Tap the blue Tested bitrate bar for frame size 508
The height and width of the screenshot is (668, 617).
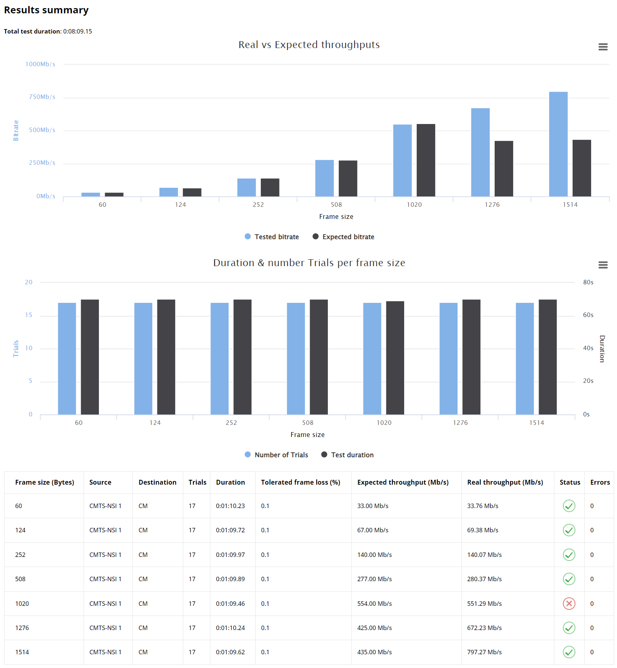pyautogui.click(x=324, y=178)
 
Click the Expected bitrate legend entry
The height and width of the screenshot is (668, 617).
pyautogui.click(x=344, y=237)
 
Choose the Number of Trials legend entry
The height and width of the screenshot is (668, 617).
pyautogui.click(x=277, y=455)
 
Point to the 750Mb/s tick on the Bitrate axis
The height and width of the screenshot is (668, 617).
pyautogui.click(x=42, y=97)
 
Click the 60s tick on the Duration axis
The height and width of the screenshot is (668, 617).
pyautogui.click(x=588, y=315)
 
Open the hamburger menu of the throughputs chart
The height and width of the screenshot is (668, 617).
pyautogui.click(x=603, y=47)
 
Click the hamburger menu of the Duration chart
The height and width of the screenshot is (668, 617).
pyautogui.click(x=603, y=265)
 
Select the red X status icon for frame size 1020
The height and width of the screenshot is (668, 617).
pyautogui.click(x=569, y=603)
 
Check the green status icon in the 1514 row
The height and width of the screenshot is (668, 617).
pyautogui.click(x=569, y=652)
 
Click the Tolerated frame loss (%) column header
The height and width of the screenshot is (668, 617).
pyautogui.click(x=300, y=482)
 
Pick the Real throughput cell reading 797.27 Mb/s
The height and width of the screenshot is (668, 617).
pyautogui.click(x=484, y=652)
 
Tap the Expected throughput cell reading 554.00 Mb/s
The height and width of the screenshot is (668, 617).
pyautogui.click(x=374, y=603)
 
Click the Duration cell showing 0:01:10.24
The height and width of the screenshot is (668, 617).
pyautogui.click(x=230, y=628)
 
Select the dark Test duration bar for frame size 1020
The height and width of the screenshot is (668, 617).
pyautogui.click(x=395, y=358)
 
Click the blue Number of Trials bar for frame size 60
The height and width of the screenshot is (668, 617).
pyautogui.click(x=67, y=359)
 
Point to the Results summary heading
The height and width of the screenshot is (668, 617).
pyautogui.click(x=46, y=10)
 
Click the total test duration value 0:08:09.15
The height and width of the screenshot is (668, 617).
pyautogui.click(x=78, y=32)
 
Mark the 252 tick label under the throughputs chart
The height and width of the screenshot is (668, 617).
pyautogui.click(x=258, y=205)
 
